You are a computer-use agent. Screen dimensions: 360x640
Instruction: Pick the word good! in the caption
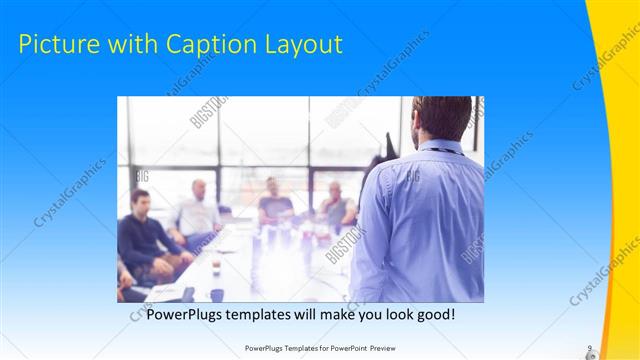pos(435,314)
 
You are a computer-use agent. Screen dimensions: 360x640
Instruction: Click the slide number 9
pos(589,348)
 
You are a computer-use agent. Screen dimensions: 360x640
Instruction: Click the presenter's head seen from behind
pos(442,117)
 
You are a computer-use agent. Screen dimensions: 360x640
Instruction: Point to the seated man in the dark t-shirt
pos(273,205)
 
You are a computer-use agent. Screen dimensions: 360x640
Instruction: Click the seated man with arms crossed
pos(335,210)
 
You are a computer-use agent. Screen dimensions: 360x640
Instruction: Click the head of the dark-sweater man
pos(141,200)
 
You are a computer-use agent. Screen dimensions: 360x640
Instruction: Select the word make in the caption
pos(336,314)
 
